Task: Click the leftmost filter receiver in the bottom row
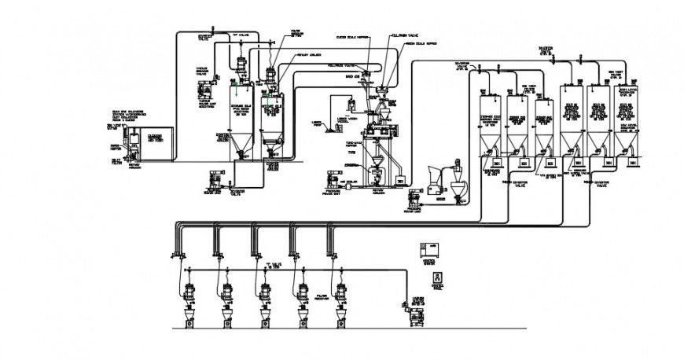[x=189, y=292]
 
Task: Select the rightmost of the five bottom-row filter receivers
[x=340, y=292]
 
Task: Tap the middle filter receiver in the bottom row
[x=265, y=292]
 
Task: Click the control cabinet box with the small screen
[x=430, y=249]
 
